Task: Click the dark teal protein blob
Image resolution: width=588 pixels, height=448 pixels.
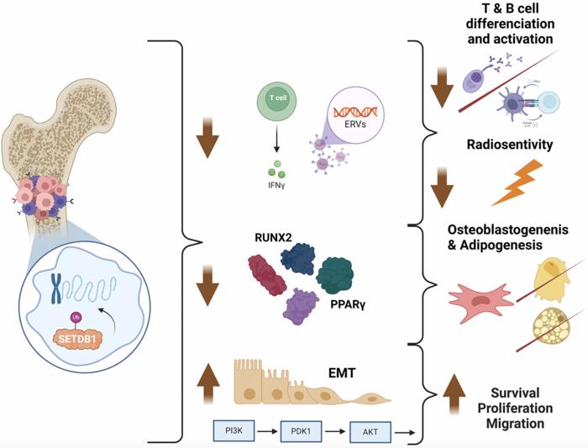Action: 341,276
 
